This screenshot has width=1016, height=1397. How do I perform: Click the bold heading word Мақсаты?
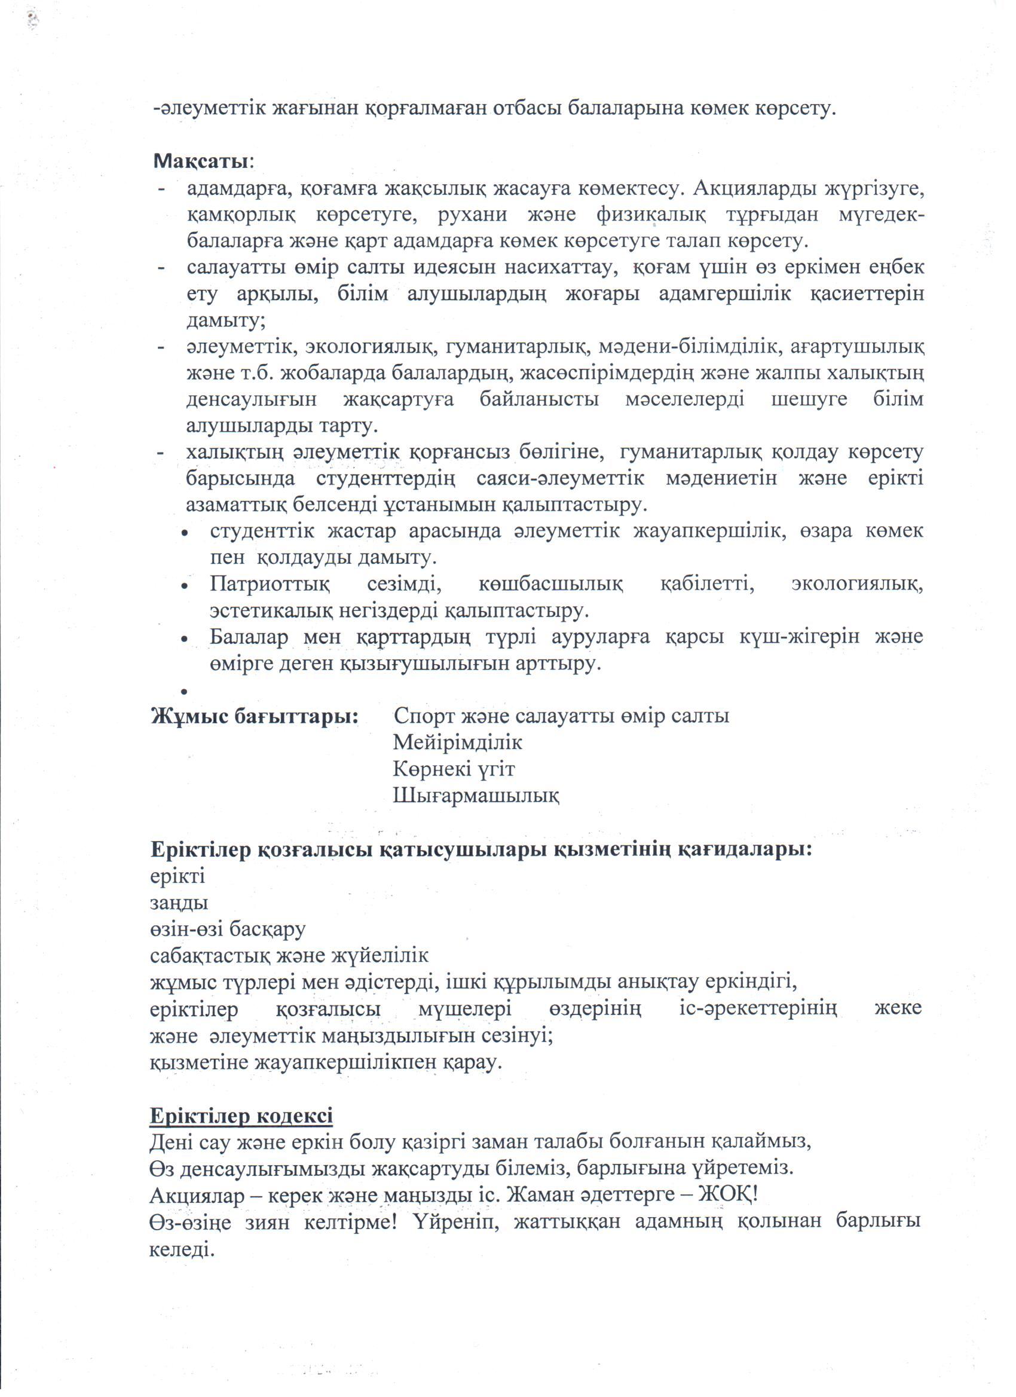[x=201, y=162]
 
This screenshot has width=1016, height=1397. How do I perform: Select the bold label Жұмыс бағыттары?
[x=255, y=716]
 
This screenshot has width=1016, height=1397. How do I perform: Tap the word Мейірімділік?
[x=458, y=742]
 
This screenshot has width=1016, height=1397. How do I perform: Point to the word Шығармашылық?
[x=476, y=795]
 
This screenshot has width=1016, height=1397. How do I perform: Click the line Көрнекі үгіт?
[x=454, y=769]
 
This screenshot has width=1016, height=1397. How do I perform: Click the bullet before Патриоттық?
[x=184, y=585]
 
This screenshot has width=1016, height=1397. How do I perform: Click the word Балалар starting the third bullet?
[x=249, y=637]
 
